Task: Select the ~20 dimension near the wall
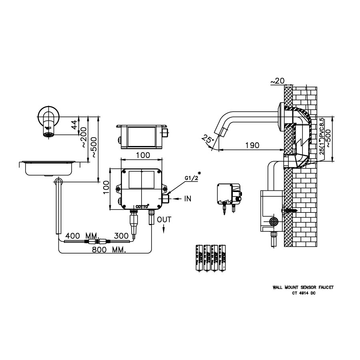(277, 81)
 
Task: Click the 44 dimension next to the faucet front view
(74, 125)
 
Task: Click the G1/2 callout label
(191, 178)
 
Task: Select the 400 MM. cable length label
(76, 236)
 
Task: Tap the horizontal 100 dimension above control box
(143, 155)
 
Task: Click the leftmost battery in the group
(198, 258)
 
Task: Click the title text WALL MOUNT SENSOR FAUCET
(303, 287)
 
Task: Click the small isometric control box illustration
(227, 194)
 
